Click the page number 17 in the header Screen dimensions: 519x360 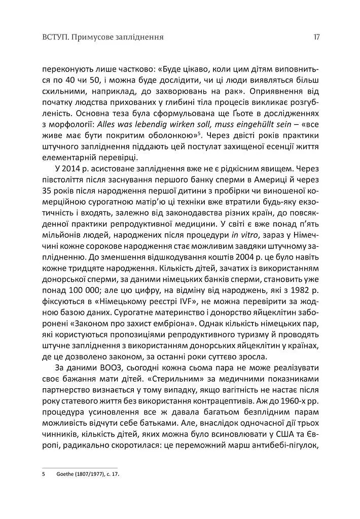[x=316, y=37]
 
